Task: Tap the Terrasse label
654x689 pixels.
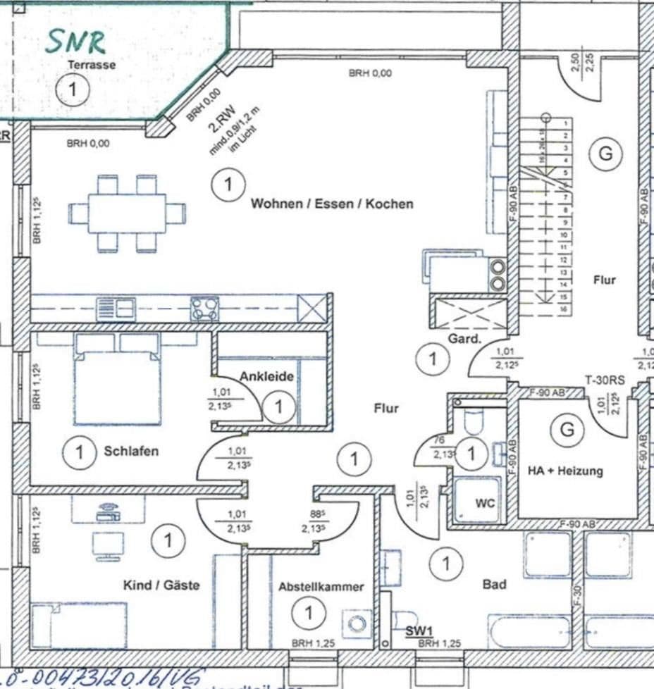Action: point(91,65)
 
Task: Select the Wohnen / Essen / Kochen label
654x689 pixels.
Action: point(332,204)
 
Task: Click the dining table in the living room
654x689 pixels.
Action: point(127,213)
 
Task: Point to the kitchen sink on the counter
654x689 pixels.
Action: point(116,309)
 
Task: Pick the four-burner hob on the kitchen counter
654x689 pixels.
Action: point(204,309)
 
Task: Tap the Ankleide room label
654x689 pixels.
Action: point(266,377)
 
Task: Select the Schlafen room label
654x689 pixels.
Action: point(131,451)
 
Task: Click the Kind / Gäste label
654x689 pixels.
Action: point(161,585)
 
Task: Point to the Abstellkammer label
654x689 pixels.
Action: point(321,586)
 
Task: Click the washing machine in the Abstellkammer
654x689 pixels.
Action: point(357,623)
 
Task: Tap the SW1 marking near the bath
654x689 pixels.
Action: point(419,631)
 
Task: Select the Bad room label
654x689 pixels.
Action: point(494,584)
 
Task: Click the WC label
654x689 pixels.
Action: point(485,503)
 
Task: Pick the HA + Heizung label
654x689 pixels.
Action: point(565,471)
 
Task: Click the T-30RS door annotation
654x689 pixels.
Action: point(605,380)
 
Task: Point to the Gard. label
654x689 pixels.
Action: point(464,339)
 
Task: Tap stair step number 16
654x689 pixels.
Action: point(564,309)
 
